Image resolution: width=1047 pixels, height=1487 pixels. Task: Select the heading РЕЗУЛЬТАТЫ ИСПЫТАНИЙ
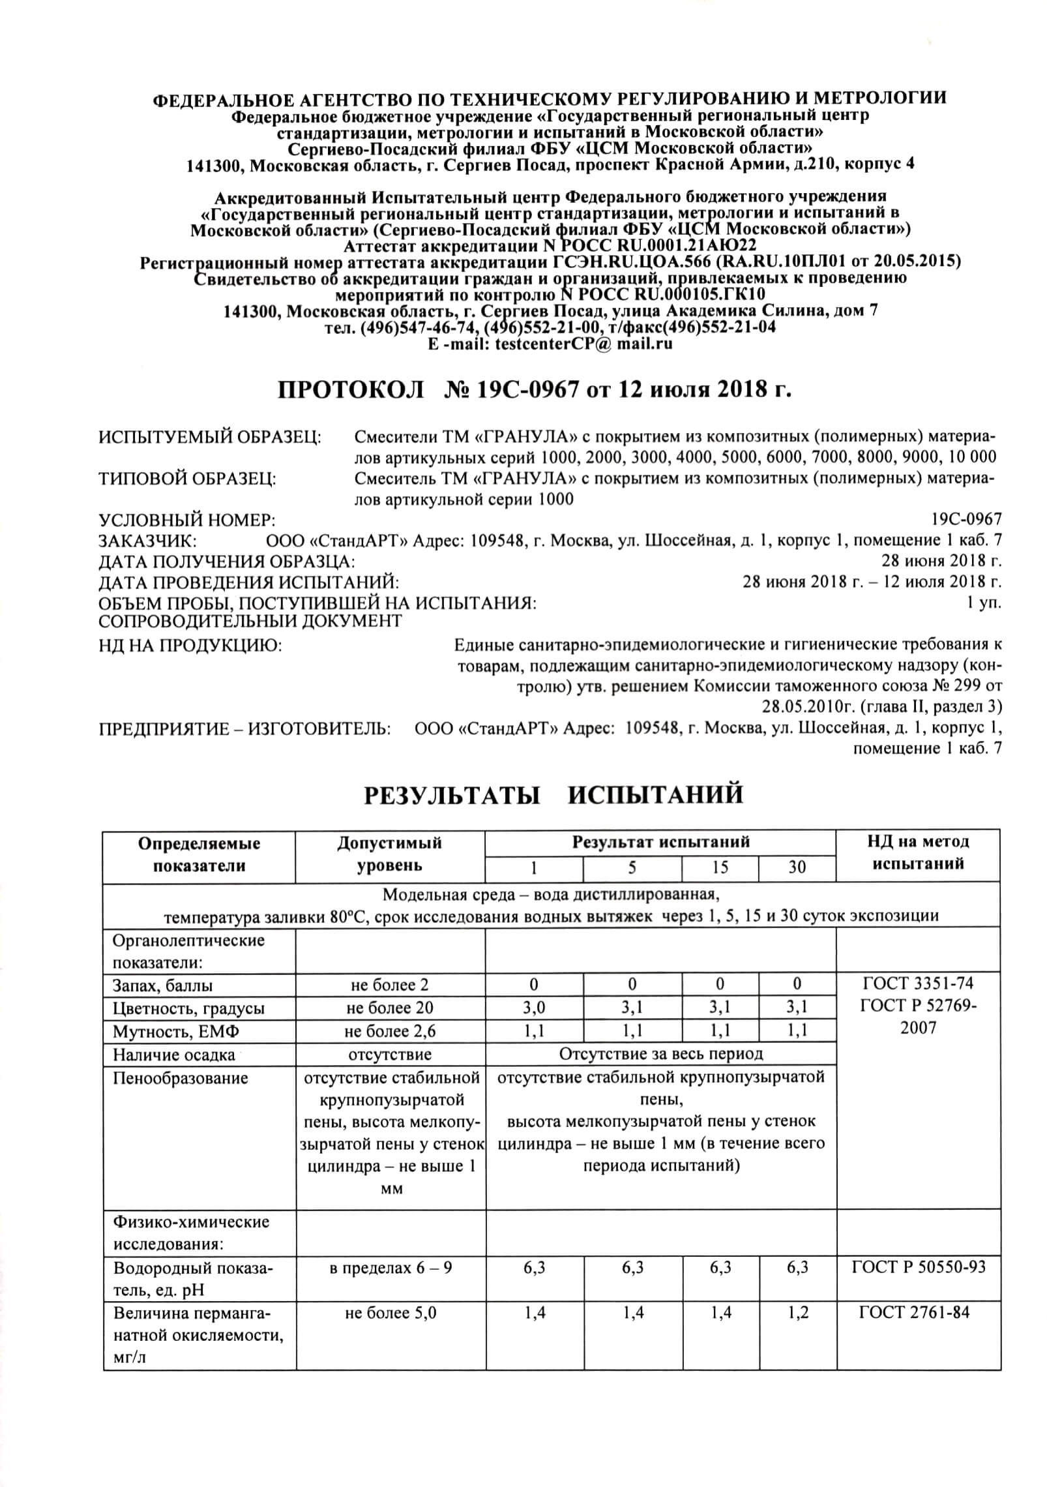point(553,796)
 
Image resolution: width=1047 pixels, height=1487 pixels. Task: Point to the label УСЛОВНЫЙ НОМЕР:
point(186,520)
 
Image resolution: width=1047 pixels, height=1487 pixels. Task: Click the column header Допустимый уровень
point(389,854)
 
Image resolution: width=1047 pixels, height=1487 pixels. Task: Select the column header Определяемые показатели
point(199,854)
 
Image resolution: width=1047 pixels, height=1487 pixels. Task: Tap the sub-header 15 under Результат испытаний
point(720,867)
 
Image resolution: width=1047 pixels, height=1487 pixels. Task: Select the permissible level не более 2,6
point(389,1031)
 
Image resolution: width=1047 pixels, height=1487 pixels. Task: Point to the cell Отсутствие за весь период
point(660,1054)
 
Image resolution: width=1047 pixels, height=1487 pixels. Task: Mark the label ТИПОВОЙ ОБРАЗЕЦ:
point(187,478)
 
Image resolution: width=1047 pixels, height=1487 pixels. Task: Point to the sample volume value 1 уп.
point(984,603)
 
